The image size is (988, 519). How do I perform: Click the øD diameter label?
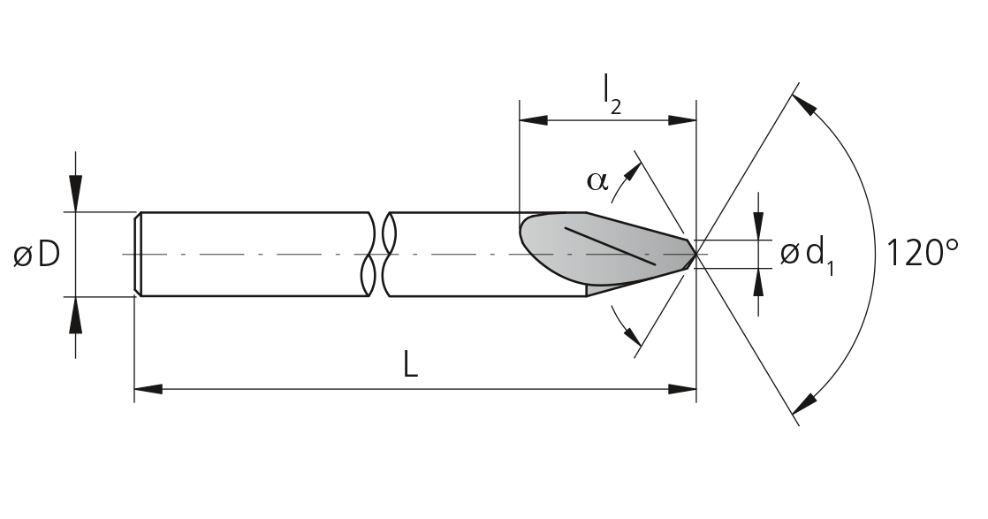(36, 254)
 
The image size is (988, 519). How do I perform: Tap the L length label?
(410, 365)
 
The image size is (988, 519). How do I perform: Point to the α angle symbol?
(598, 181)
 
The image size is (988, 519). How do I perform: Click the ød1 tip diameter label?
(807, 256)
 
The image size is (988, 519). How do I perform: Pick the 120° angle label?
(923, 253)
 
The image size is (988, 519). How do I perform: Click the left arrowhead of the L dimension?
(148, 389)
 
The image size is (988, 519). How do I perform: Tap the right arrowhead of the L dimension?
(682, 389)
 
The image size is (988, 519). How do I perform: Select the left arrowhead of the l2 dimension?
(534, 120)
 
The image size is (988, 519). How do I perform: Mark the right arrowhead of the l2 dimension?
(682, 120)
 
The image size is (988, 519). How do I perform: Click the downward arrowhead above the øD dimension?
(76, 197)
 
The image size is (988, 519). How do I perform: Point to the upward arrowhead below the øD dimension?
(76, 311)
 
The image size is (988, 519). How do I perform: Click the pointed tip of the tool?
(696, 254)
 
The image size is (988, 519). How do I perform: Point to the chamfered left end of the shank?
(137, 254)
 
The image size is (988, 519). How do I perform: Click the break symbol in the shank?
(379, 254)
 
